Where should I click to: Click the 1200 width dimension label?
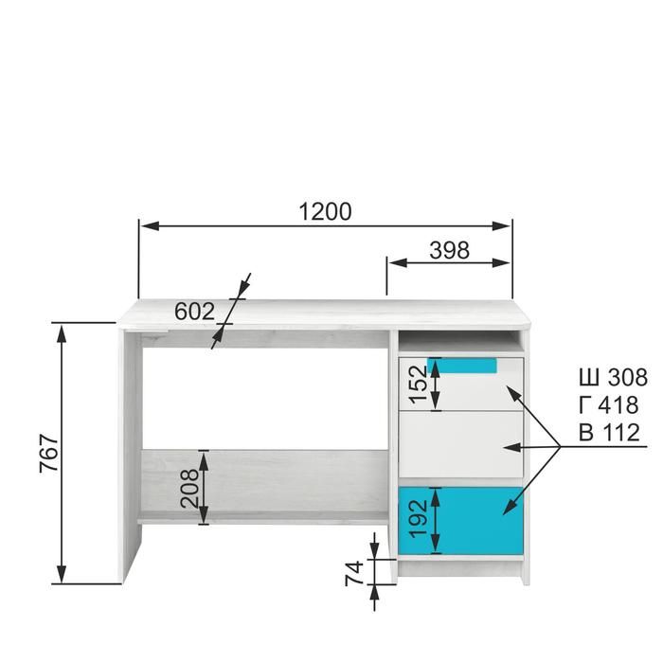tap(325, 212)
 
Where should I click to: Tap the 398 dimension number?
tap(450, 250)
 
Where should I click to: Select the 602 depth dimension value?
tap(194, 312)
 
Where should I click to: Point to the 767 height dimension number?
tap(48, 453)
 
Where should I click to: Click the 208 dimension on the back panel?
tap(189, 488)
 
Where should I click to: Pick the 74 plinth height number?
tap(354, 573)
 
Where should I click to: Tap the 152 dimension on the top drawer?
tap(419, 385)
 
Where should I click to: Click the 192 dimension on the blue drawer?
tap(419, 518)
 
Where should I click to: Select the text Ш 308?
tap(613, 377)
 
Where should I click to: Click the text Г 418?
tap(609, 404)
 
